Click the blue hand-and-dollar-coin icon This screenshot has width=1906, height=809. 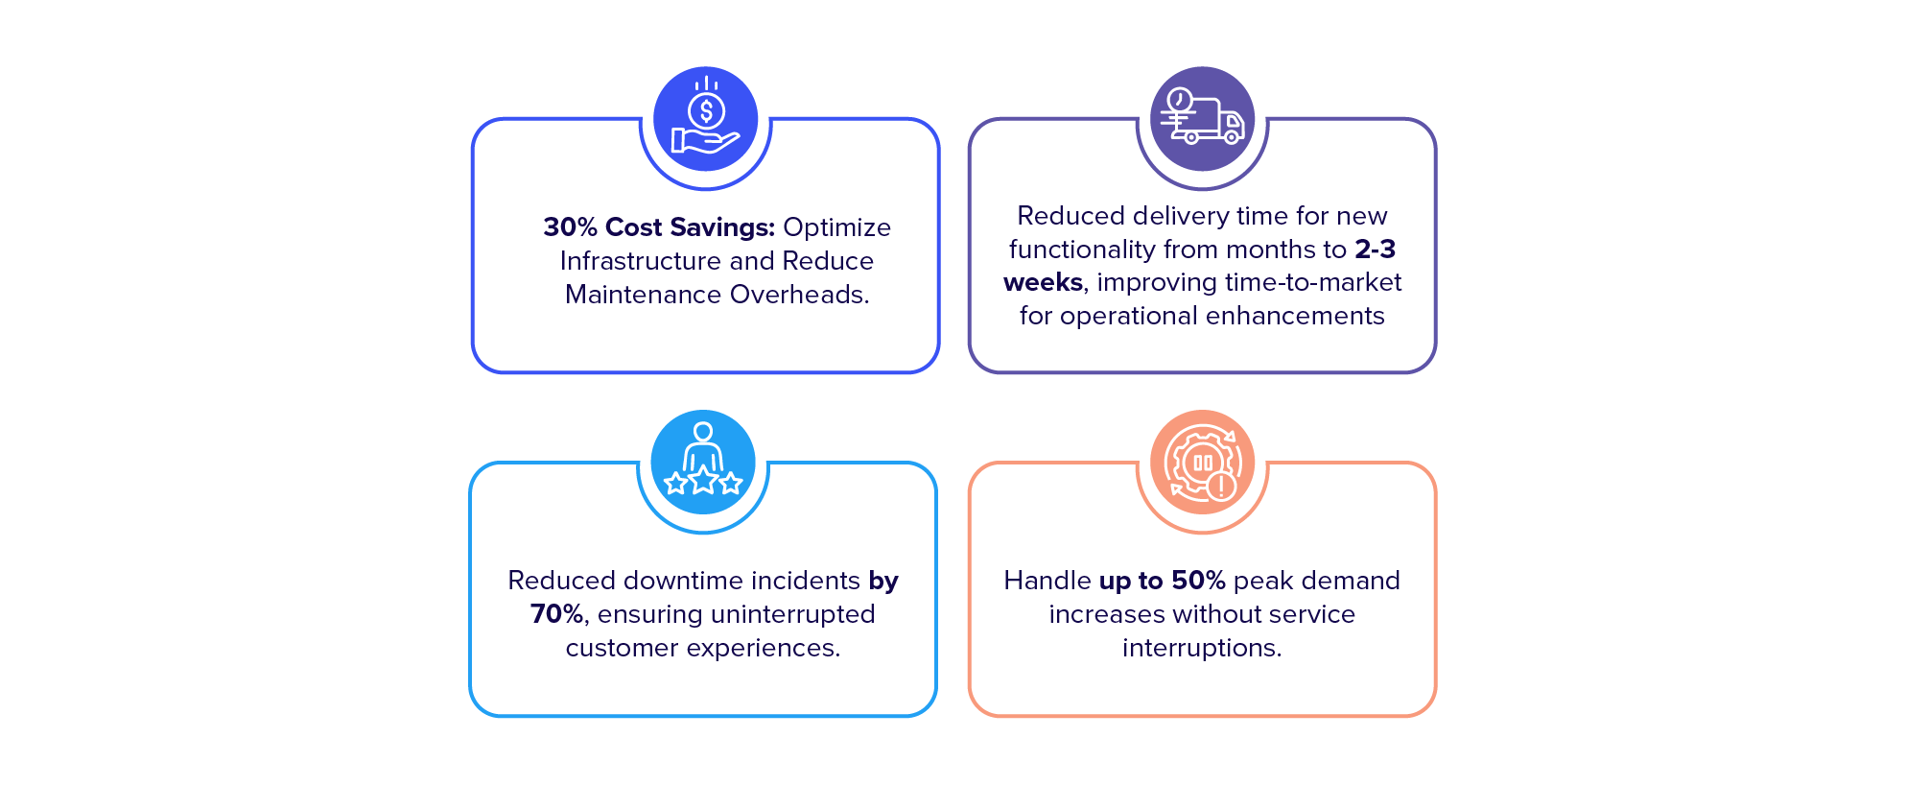click(x=706, y=119)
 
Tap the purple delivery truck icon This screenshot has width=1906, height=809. click(x=1202, y=119)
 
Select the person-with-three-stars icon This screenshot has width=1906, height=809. click(x=703, y=462)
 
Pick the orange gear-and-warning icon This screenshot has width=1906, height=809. click(x=1202, y=462)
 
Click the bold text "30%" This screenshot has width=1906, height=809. click(x=570, y=227)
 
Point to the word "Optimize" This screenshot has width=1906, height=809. click(x=836, y=228)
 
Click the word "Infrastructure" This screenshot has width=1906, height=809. click(x=640, y=261)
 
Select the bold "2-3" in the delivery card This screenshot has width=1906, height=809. click(x=1375, y=250)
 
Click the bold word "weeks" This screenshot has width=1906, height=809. click(x=1043, y=282)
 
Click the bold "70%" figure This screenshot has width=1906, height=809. click(x=557, y=614)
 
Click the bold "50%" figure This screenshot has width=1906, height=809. click(x=1198, y=581)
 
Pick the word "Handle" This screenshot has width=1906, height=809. click(x=1047, y=581)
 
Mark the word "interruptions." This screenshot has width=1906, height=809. click(x=1202, y=649)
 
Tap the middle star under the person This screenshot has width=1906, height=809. click(x=703, y=480)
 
